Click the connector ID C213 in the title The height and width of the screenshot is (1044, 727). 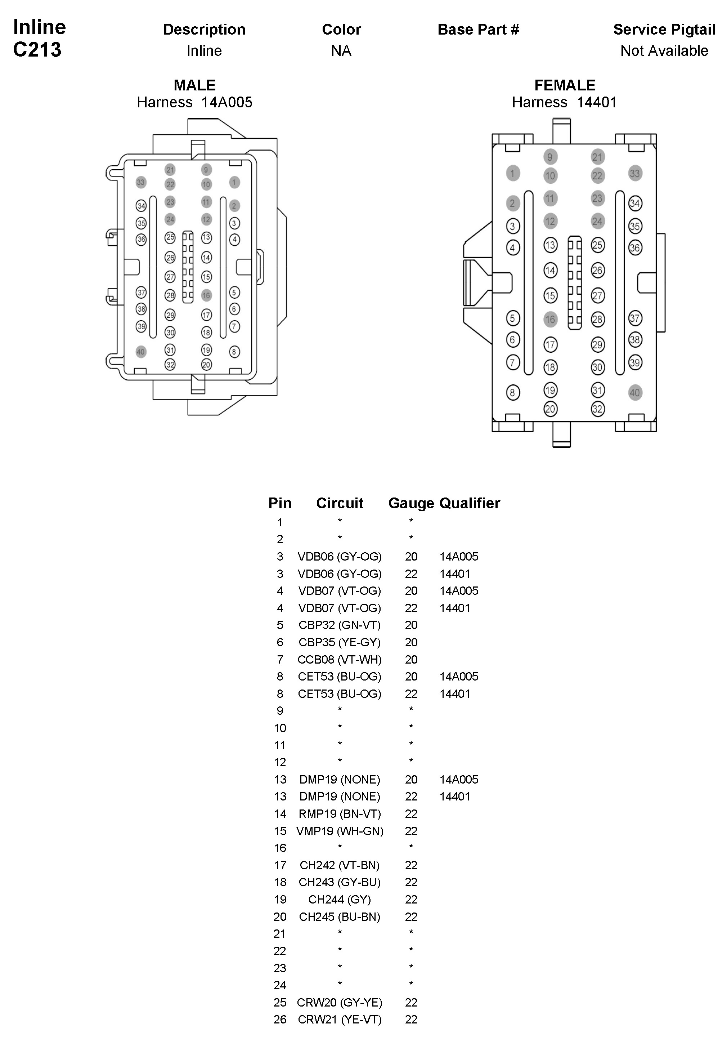click(x=37, y=50)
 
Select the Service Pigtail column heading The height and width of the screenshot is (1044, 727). click(x=664, y=30)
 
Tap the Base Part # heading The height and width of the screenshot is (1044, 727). click(x=478, y=30)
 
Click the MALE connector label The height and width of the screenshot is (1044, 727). click(x=194, y=85)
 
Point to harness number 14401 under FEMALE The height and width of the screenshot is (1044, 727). click(x=597, y=102)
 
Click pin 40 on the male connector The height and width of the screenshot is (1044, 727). click(x=141, y=352)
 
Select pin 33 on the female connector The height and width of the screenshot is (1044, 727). click(x=635, y=173)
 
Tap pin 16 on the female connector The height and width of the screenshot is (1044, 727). click(x=550, y=319)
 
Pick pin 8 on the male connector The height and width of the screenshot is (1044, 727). click(x=234, y=352)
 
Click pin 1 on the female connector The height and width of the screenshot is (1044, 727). click(x=512, y=173)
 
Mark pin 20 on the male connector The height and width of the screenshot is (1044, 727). click(x=206, y=365)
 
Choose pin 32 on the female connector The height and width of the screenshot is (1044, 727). click(x=597, y=409)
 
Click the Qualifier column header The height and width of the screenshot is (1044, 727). click(x=470, y=503)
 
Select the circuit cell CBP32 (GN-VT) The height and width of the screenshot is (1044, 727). click(x=340, y=625)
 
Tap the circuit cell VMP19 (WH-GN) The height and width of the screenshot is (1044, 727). click(x=340, y=831)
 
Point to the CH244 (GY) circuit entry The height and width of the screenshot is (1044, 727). click(x=340, y=900)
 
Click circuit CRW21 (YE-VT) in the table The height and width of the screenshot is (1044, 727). click(x=340, y=1020)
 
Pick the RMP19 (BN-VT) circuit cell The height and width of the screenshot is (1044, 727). click(x=340, y=814)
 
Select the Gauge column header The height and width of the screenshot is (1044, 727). click(x=411, y=503)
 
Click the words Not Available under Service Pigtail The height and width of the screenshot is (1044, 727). click(x=664, y=51)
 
